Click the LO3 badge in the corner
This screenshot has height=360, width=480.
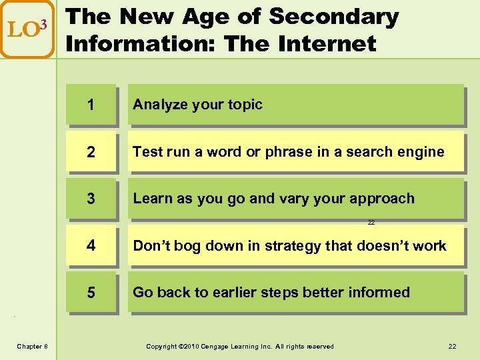(27, 29)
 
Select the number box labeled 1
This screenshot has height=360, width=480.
(91, 105)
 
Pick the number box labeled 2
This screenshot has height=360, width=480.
(91, 152)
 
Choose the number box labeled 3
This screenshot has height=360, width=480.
(91, 199)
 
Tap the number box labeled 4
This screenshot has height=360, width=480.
(91, 245)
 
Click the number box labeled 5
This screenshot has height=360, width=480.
(91, 293)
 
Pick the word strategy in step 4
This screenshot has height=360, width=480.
(293, 245)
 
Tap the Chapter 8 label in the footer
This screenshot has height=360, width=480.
(31, 346)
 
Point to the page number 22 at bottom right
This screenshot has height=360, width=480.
(453, 346)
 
